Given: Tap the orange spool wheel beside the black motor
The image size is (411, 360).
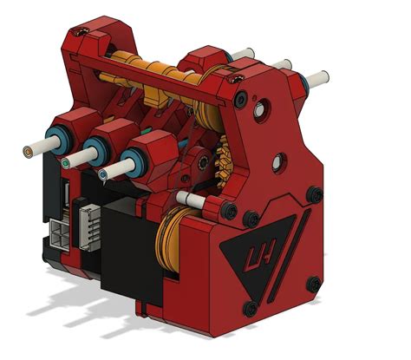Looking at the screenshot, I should click(x=171, y=244).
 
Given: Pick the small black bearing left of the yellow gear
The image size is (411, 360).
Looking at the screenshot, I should click(x=199, y=161).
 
